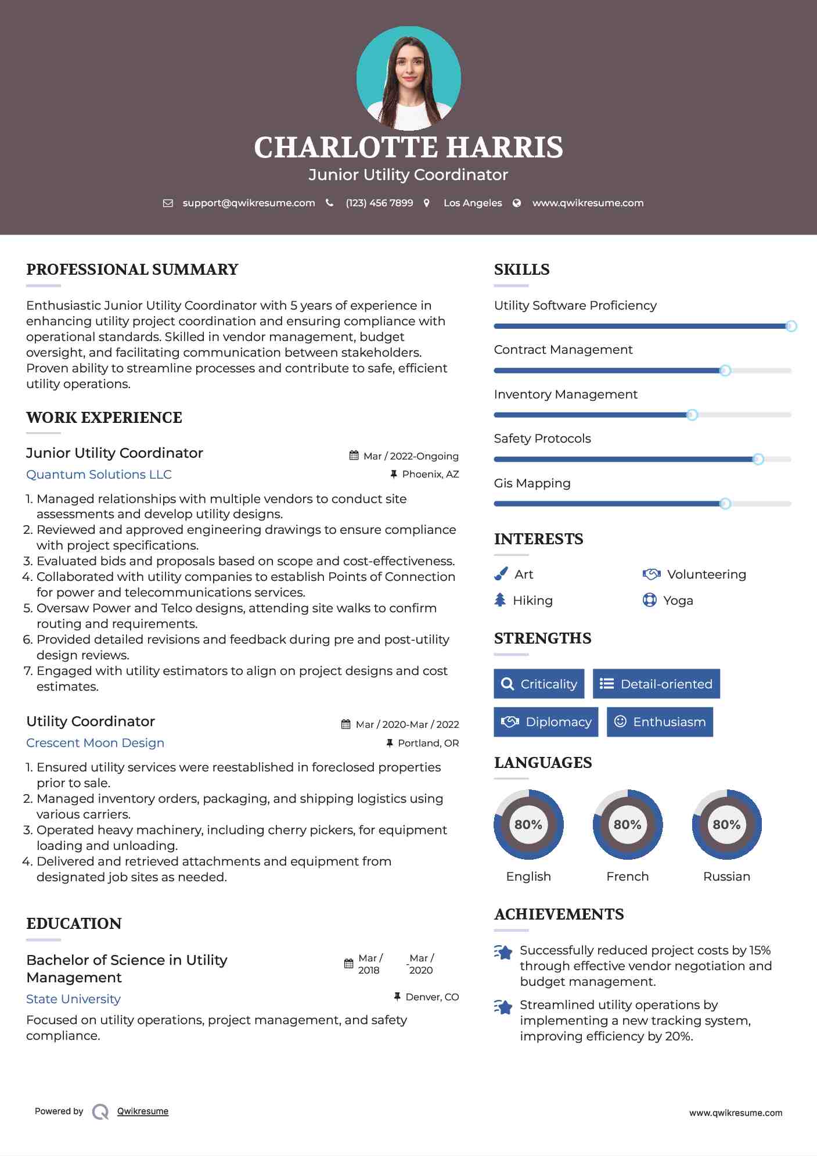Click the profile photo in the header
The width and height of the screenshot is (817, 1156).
point(408,78)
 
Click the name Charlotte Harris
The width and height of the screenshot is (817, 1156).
point(408,148)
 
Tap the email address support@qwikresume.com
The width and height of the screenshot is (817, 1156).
point(249,203)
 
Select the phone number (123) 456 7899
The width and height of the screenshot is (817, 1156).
point(379,203)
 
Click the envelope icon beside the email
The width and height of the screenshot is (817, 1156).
point(168,203)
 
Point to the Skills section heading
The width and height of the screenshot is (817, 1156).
point(521,270)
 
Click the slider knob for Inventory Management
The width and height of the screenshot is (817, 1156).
point(692,415)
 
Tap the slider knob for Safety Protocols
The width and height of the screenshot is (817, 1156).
point(758,459)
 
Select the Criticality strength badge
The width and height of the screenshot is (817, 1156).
point(539,684)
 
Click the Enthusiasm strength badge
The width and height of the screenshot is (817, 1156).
point(660,722)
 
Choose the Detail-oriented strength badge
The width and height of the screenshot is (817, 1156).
point(656,684)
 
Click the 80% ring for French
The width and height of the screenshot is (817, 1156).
point(627,824)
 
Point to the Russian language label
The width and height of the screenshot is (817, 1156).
point(726,877)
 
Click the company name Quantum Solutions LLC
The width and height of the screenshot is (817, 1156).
point(99,475)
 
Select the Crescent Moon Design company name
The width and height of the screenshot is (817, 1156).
point(95,743)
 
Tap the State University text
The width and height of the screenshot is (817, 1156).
point(73,999)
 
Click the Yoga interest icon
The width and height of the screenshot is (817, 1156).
point(650,600)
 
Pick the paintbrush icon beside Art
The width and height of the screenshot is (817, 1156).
point(501,575)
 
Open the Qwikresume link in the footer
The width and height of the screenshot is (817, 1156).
point(143,1111)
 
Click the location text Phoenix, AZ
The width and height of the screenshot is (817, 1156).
point(430,475)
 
